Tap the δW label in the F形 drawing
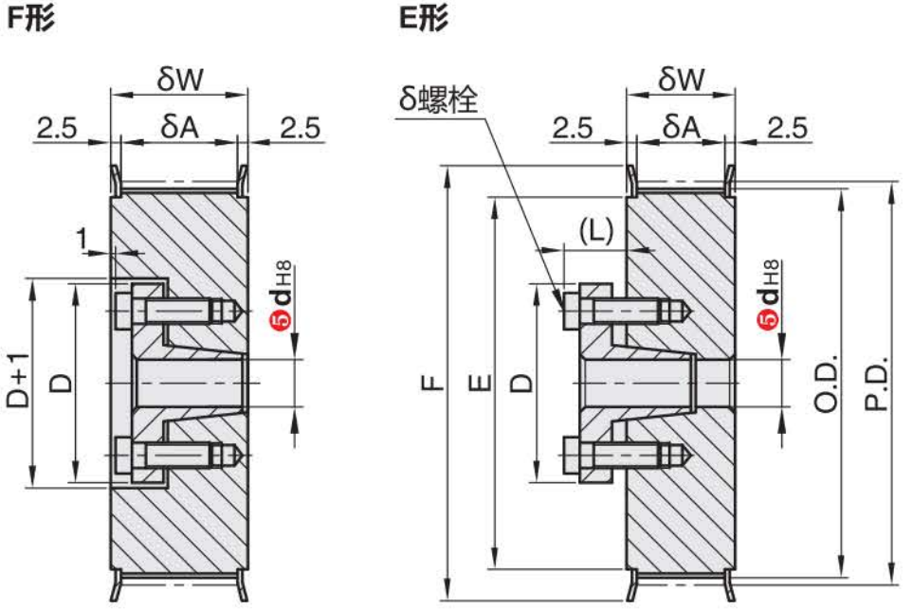tap(179, 80)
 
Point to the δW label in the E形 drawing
tap(681, 80)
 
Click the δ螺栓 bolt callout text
tap(437, 98)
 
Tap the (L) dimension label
tap(595, 230)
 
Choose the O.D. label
tap(827, 384)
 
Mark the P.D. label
tap(876, 384)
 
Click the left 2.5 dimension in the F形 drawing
tap(56, 128)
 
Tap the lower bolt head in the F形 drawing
tap(123, 456)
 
